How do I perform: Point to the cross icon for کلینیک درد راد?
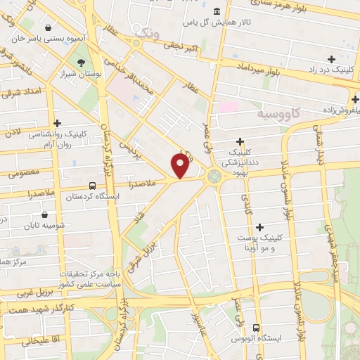[331, 59]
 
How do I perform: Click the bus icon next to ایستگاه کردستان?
[92, 186]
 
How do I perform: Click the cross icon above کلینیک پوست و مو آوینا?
[260, 227]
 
